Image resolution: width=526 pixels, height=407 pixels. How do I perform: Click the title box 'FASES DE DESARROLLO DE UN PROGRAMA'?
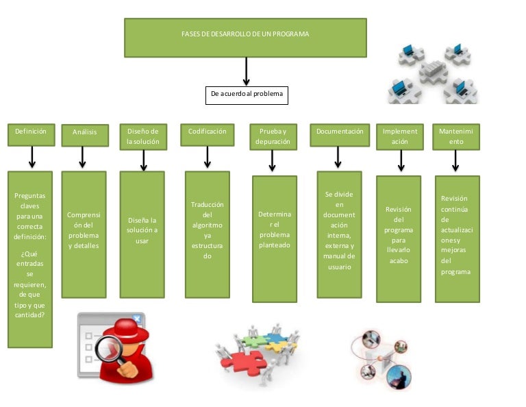click(245, 37)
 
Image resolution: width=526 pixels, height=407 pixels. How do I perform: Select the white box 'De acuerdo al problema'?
click(247, 95)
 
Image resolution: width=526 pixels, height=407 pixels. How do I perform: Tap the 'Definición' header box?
click(31, 135)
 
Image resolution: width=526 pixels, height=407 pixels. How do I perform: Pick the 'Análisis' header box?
click(85, 135)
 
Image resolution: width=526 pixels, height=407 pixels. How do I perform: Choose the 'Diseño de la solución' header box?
click(142, 136)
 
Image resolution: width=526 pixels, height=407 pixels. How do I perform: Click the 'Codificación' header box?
click(208, 135)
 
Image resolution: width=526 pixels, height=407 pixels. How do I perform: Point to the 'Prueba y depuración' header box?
click(273, 136)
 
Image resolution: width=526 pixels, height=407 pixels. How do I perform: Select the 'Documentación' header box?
click(340, 135)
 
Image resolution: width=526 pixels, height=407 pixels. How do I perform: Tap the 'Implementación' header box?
click(400, 136)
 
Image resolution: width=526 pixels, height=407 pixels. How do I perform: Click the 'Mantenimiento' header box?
click(456, 136)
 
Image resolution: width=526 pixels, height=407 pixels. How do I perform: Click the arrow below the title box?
click(246, 71)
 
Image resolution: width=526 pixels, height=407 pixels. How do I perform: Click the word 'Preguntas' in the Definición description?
click(30, 196)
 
